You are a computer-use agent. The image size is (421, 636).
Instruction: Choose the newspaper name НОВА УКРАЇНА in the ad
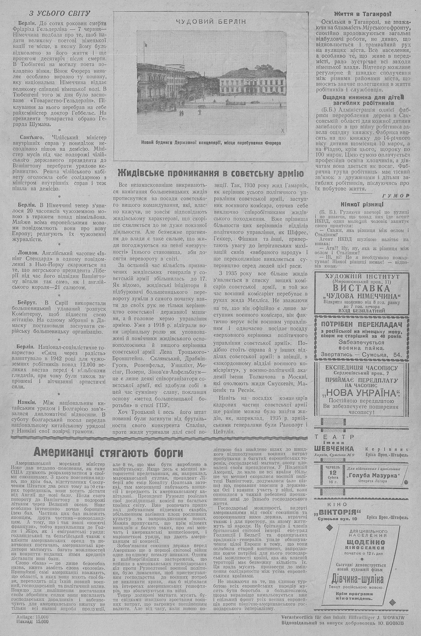tap(362, 394)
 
